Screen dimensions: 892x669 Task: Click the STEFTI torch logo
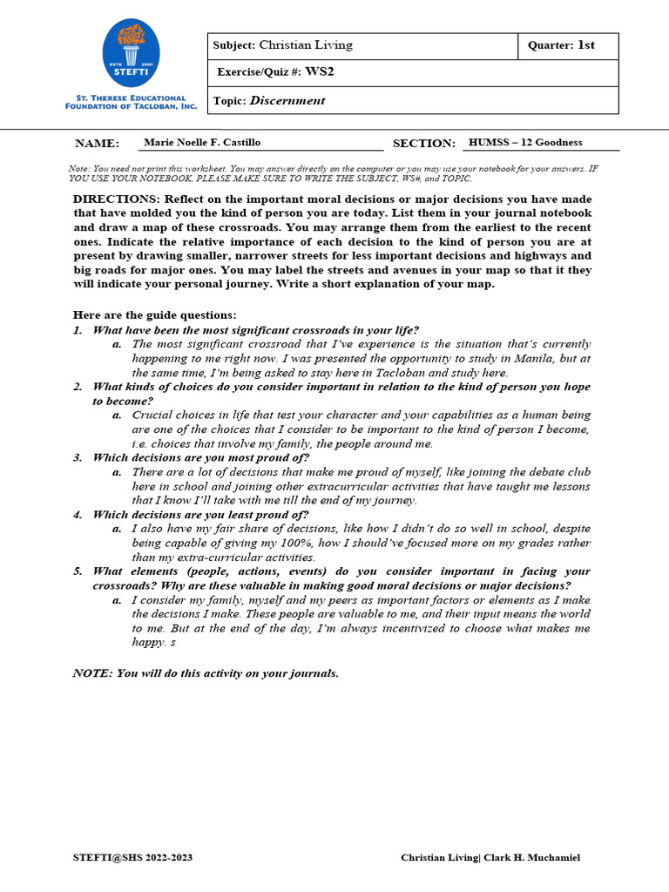coord(132,54)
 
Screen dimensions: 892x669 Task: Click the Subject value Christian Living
coord(306,45)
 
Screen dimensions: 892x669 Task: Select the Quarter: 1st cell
coord(567,45)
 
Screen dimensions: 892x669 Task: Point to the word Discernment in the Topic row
coord(287,100)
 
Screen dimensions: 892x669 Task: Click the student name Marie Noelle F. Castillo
coord(202,142)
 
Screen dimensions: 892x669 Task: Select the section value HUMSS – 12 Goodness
coord(525,142)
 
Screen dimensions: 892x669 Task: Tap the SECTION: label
coord(423,144)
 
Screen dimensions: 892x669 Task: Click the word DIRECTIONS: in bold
coord(117,199)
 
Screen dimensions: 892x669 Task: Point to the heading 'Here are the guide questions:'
coord(154,314)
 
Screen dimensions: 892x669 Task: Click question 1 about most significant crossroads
coord(255,329)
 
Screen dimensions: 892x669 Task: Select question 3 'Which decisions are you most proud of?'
coord(200,457)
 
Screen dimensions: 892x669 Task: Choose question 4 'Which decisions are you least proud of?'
coord(200,514)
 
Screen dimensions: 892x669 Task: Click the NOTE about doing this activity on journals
coord(206,673)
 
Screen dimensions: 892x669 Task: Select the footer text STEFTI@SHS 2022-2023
coord(132,858)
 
